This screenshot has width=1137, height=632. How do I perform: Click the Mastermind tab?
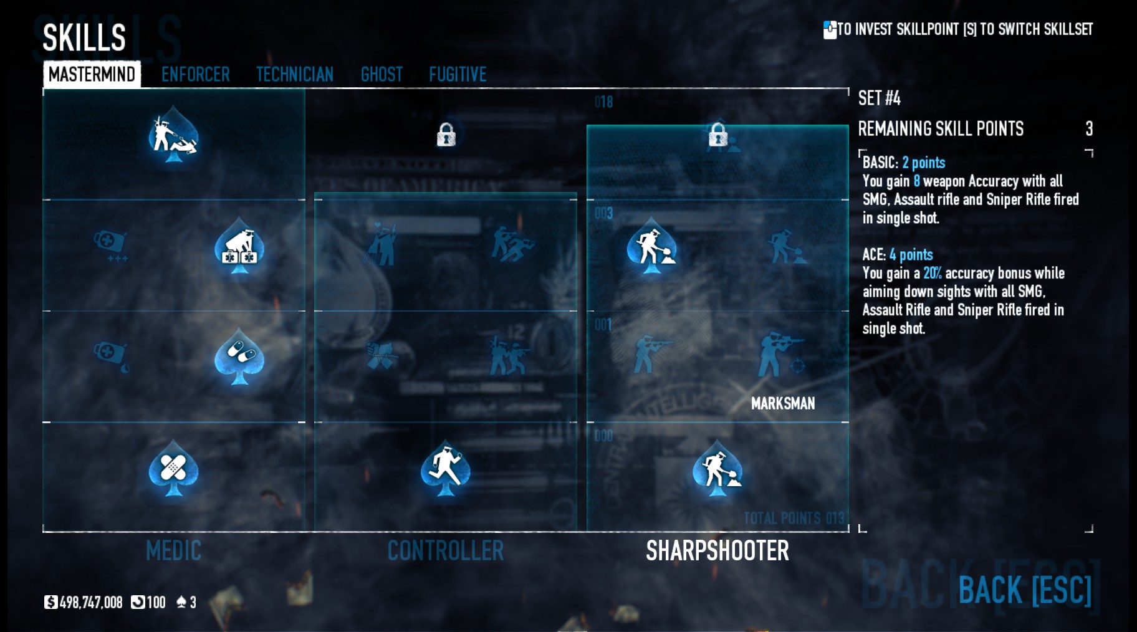[x=92, y=74]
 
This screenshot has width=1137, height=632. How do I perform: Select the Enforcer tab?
[x=195, y=75]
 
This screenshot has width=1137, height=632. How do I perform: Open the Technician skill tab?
[x=295, y=75]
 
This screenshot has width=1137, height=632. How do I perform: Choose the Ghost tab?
[x=381, y=75]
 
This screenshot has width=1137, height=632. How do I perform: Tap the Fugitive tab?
[x=458, y=75]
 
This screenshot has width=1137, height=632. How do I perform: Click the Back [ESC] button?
[x=1024, y=590]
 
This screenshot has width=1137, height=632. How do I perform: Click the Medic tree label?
[x=173, y=551]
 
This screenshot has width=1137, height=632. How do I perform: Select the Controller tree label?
[x=445, y=551]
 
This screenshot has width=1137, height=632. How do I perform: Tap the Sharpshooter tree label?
[x=717, y=551]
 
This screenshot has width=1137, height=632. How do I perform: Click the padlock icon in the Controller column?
[x=446, y=134]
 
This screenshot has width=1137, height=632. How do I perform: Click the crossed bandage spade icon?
[x=173, y=469]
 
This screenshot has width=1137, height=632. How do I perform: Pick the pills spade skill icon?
[x=239, y=357]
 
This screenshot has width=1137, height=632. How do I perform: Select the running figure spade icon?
[x=445, y=469]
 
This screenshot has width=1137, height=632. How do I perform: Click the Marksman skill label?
[x=782, y=404]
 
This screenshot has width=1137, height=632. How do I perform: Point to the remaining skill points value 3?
[x=1089, y=129]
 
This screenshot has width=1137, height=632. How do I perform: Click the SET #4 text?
[x=879, y=98]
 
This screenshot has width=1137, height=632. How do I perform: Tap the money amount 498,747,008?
[x=91, y=602]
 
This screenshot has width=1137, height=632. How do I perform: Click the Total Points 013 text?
[x=794, y=518]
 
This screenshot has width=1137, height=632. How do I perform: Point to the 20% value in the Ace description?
[x=932, y=273]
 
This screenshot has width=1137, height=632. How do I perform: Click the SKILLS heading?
[x=84, y=37]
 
